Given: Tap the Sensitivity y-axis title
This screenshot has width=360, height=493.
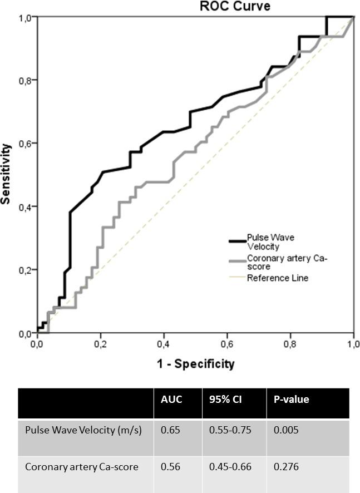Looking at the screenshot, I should (7, 174).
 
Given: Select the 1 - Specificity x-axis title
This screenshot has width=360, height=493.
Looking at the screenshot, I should (195, 364).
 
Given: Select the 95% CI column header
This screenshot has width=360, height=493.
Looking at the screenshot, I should (221, 399).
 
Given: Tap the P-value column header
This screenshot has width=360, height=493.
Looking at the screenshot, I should (292, 399).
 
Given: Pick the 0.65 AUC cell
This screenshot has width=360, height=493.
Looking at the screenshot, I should (169, 430).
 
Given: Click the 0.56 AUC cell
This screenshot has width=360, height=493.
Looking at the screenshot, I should (169, 466).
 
